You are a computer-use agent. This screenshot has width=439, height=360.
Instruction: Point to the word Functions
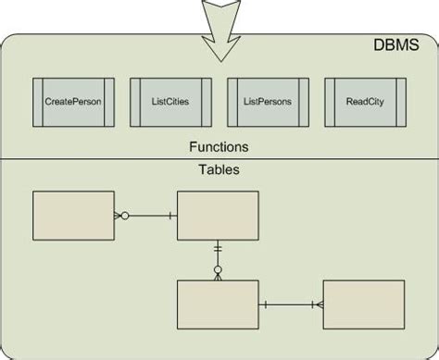pos(219,146)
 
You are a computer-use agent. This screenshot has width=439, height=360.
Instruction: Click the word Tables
pos(219,170)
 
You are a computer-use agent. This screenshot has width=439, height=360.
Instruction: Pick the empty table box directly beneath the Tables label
pos(219,216)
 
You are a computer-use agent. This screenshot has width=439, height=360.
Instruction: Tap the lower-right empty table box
pos(364,304)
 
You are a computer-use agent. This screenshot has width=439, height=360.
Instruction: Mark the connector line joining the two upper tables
pos(148,216)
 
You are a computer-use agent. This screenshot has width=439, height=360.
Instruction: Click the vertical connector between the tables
pos(219,258)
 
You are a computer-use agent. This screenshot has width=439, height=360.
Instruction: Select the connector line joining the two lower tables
pos(290,304)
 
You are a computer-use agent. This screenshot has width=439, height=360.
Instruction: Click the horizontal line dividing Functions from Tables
pos(219,159)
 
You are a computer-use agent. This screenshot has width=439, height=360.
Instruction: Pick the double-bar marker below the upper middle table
pos(219,248)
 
